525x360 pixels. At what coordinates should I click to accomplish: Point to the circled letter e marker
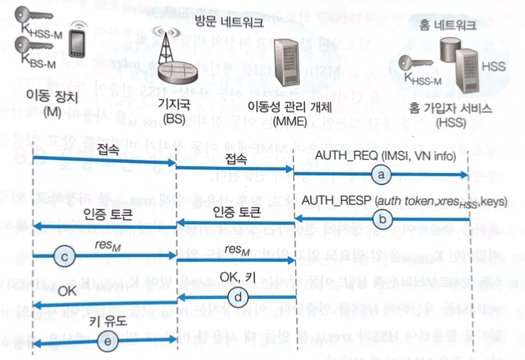[108, 339]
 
